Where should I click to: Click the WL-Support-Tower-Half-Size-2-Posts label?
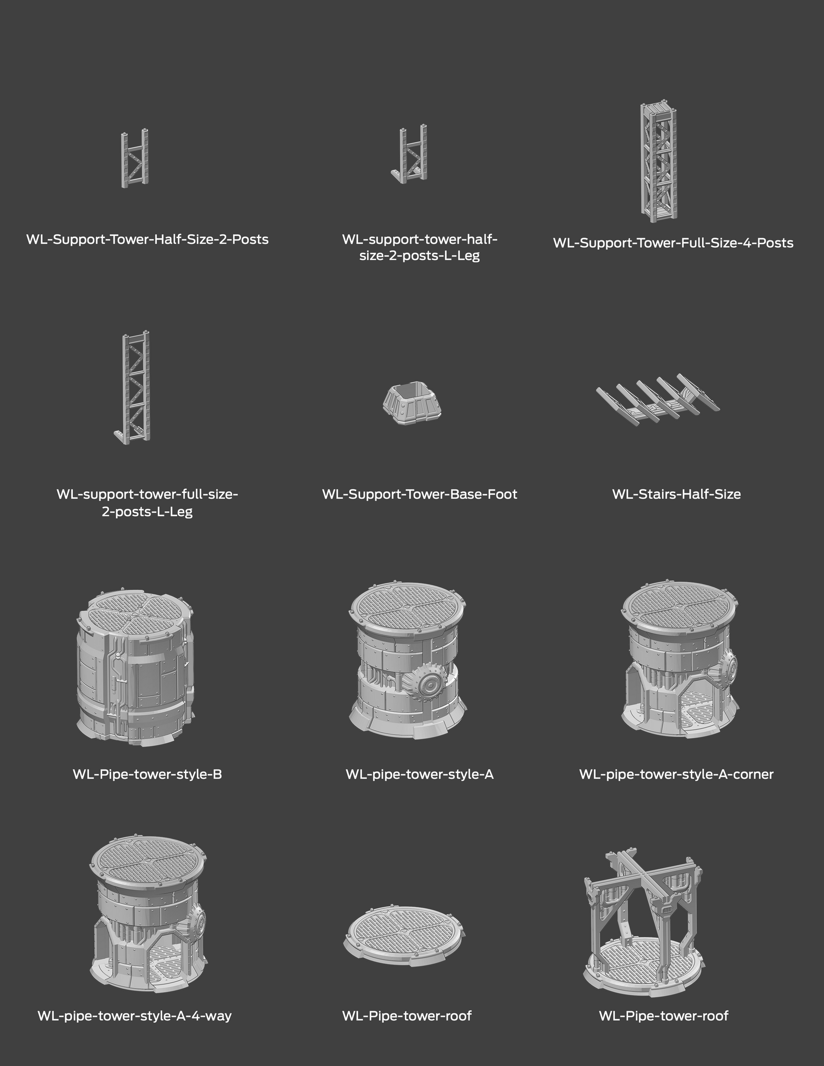[x=147, y=239]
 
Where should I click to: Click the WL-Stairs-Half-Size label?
[x=676, y=494]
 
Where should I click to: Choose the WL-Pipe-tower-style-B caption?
[x=147, y=774]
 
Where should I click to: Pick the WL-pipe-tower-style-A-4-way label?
[x=134, y=1016]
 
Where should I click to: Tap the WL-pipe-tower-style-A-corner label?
[x=676, y=774]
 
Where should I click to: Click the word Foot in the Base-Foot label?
[x=500, y=494]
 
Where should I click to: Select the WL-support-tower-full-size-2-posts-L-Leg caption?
[x=147, y=502]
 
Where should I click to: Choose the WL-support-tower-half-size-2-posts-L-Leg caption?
[x=420, y=248]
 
